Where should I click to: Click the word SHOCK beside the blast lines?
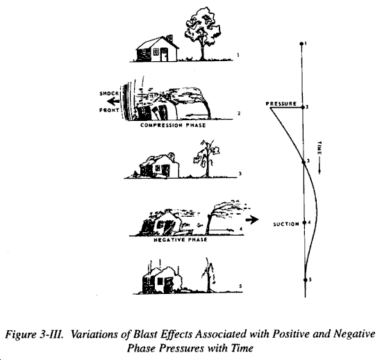[x=109, y=93]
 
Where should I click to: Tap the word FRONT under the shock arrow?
[x=109, y=111]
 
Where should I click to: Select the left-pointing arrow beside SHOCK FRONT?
[x=113, y=101]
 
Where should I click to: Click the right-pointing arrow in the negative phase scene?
[x=251, y=220]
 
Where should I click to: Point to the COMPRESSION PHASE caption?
[x=173, y=125]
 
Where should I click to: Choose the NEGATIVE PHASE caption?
[x=181, y=240]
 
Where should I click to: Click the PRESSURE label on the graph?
[x=281, y=104]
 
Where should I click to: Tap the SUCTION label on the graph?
[x=285, y=224]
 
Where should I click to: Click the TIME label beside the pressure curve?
[x=319, y=148]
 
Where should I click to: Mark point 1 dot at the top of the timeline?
[x=301, y=44]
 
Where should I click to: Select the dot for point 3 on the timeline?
[x=304, y=162]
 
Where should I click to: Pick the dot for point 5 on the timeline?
[x=305, y=280]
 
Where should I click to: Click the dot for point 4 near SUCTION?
[x=304, y=222]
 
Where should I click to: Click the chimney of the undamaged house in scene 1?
[x=169, y=38]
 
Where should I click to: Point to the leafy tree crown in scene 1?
[x=201, y=24]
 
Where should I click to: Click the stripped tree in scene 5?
[x=208, y=275]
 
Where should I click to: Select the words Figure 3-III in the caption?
[x=35, y=334]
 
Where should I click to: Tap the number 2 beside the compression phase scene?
[x=239, y=113]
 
